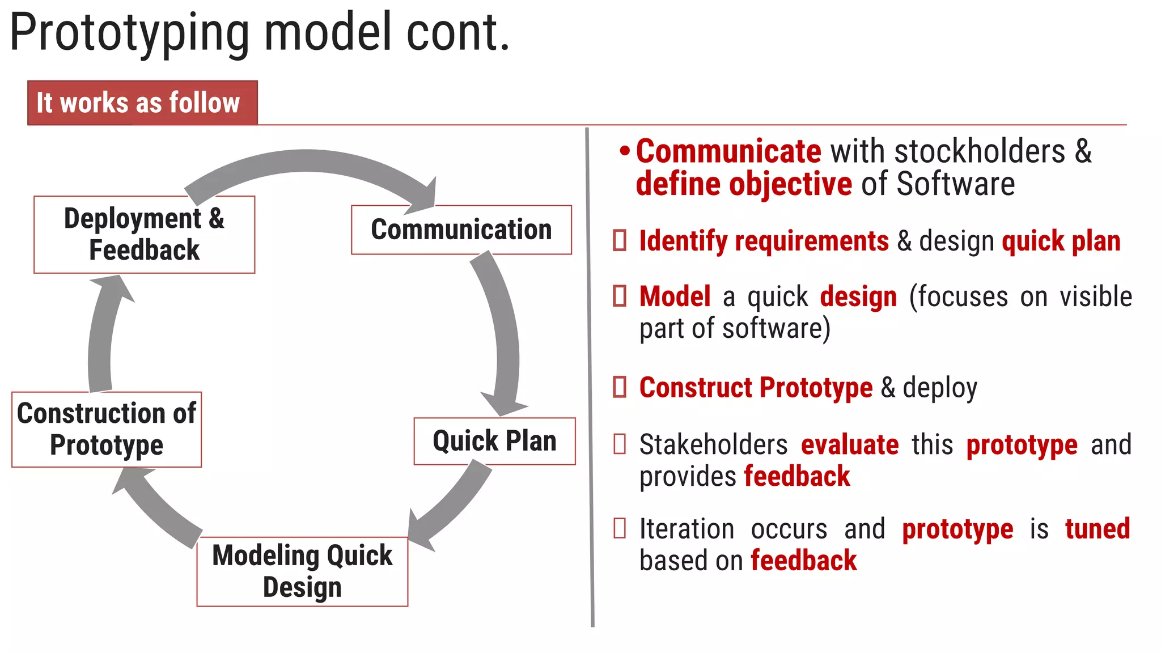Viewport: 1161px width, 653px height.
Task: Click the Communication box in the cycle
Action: coord(461,230)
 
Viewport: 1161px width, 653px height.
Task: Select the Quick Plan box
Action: coord(494,441)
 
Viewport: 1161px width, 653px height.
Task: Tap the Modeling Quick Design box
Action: coord(302,571)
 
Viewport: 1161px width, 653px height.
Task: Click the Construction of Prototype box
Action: coord(107,429)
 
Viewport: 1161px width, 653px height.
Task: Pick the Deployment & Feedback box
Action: coord(144,234)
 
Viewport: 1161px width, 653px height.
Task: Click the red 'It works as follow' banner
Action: coord(142,103)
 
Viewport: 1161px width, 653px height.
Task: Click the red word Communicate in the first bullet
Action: coord(728,151)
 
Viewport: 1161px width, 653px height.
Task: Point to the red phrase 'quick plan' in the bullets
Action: coord(1061,241)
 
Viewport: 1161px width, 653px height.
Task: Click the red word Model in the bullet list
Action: coord(675,297)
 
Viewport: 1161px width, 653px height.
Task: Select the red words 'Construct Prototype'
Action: coord(756,388)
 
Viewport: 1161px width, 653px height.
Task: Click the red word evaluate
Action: coord(850,445)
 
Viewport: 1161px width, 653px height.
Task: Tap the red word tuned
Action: coord(1097,529)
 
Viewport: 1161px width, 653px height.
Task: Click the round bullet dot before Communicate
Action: coord(624,151)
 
